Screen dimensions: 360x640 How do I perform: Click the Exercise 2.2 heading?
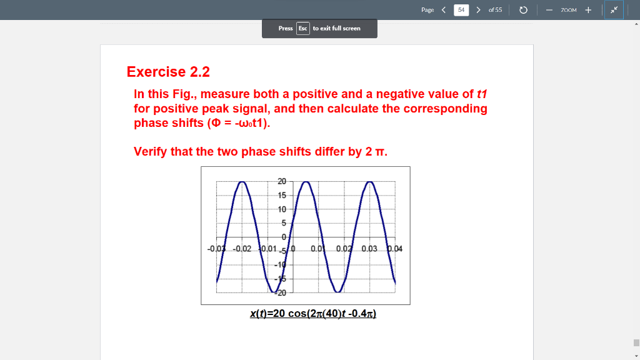tap(168, 72)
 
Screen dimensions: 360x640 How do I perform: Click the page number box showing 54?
tap(461, 10)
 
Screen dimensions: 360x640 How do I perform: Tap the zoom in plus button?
tap(588, 10)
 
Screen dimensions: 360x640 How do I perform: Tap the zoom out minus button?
tap(548, 10)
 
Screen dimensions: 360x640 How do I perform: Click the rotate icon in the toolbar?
tap(524, 10)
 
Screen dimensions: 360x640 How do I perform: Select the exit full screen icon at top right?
tap(614, 10)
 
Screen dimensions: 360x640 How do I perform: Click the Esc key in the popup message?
tap(302, 28)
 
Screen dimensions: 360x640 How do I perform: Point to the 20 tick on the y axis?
tap(282, 181)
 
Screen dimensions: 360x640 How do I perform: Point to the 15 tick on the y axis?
tap(282, 195)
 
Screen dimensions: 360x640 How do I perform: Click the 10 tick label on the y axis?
tap(282, 209)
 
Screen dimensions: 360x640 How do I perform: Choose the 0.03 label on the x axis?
tap(369, 249)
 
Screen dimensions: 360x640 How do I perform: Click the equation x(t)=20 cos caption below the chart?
tap(312, 313)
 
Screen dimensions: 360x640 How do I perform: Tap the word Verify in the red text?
tap(151, 151)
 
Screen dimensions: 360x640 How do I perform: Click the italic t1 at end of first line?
tap(481, 94)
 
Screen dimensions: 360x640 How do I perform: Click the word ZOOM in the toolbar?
tap(568, 10)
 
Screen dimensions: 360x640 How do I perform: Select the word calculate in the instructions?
tap(350, 109)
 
